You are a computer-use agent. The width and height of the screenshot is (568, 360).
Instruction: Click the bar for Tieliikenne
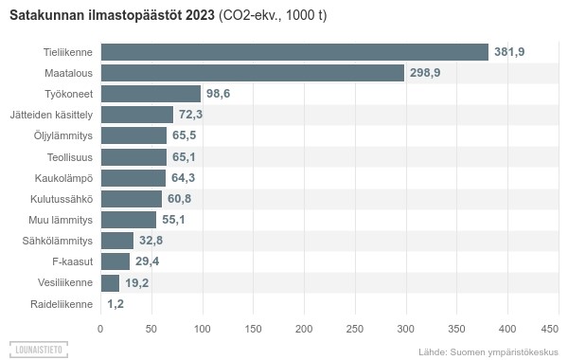(293, 52)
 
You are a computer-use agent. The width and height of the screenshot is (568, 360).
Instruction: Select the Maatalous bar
(253, 73)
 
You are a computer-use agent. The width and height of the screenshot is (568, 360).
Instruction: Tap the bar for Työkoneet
(151, 94)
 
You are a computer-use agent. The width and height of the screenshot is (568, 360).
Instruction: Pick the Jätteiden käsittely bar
(137, 115)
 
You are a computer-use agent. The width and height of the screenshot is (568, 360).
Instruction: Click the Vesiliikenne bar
(110, 282)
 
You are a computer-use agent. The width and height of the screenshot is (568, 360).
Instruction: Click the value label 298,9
(424, 73)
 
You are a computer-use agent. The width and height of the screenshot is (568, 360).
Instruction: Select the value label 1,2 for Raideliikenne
(115, 304)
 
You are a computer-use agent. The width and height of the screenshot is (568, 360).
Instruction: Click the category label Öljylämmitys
(62, 135)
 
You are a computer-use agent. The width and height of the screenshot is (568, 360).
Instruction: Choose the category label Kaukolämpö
(64, 178)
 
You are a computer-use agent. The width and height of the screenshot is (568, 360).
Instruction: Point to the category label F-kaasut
(72, 261)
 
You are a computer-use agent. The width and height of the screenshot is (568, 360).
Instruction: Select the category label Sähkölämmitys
(58, 241)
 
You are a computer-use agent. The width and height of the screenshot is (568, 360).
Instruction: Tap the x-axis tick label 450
(550, 329)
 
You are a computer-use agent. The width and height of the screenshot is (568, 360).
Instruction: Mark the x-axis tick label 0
(100, 329)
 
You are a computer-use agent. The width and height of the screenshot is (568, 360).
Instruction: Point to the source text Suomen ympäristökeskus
(504, 351)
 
